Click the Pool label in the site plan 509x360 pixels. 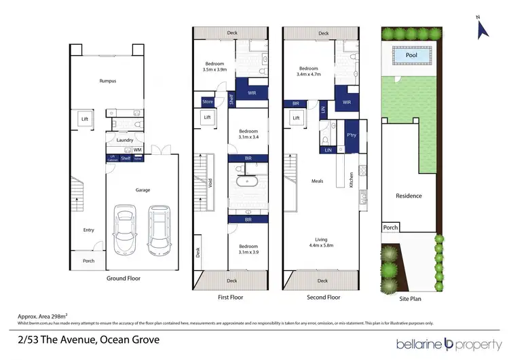point(411,55)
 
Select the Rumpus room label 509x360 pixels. point(107,81)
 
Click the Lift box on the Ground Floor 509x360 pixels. point(85,120)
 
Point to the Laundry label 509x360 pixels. point(124,140)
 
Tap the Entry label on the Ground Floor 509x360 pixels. point(89,230)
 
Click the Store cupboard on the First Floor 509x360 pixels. point(207,102)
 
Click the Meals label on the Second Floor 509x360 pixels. point(317,181)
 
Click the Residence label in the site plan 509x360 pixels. point(409,196)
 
